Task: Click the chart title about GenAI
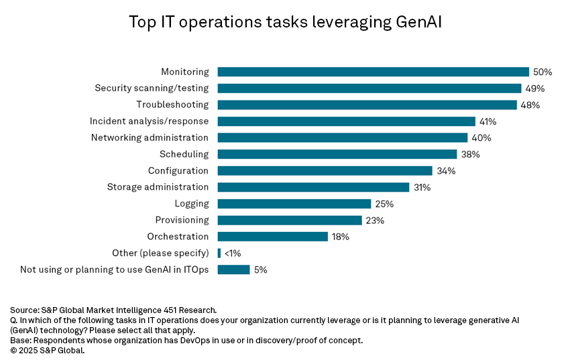(x=285, y=23)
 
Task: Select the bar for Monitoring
(x=373, y=72)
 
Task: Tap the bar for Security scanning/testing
(x=369, y=88)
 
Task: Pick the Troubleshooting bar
(x=367, y=105)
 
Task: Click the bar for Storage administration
(x=313, y=187)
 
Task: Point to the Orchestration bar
(x=272, y=237)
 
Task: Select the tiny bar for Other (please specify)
(x=219, y=253)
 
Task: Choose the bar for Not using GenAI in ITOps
(x=233, y=269)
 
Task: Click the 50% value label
(x=543, y=72)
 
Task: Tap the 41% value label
(x=488, y=121)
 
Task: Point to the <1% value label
(x=233, y=253)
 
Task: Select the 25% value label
(x=384, y=204)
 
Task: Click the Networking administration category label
(x=150, y=137)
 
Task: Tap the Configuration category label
(x=178, y=171)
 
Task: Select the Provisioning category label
(x=182, y=220)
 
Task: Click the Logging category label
(x=192, y=204)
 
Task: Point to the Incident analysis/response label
(x=149, y=121)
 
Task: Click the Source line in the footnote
(x=113, y=310)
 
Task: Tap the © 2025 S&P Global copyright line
(x=48, y=350)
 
